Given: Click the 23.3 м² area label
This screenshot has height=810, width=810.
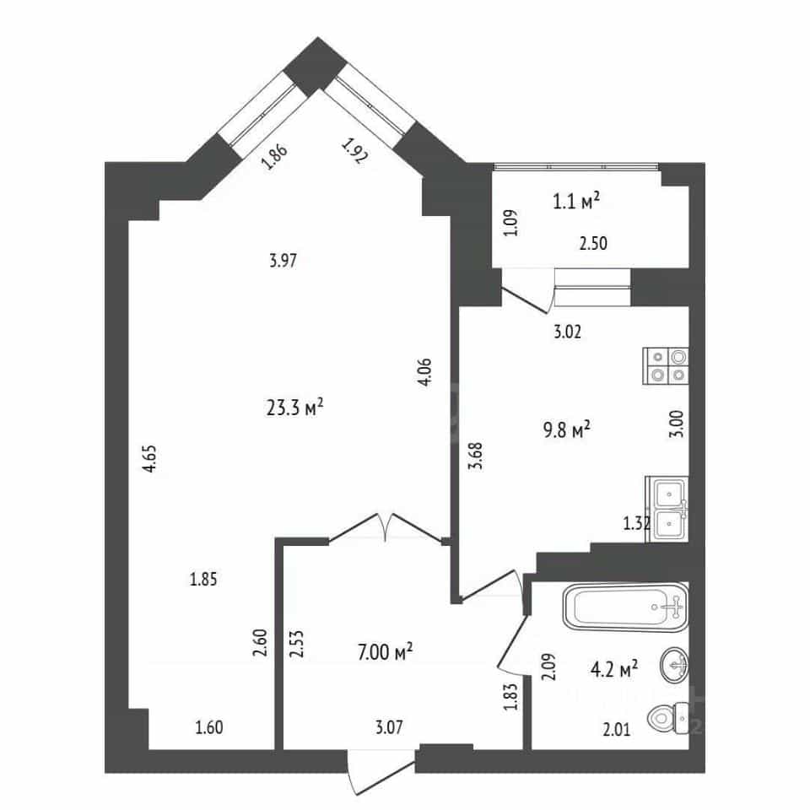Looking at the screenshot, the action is point(294,407).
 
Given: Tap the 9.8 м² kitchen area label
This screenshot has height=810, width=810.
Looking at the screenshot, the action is point(567,429).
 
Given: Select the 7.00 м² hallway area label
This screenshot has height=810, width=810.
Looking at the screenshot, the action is point(385,651).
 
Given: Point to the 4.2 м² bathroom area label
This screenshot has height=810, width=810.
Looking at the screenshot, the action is point(614,669).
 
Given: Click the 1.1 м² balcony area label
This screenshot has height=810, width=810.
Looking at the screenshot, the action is point(576,201).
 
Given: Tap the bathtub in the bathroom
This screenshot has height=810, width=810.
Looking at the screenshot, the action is point(625,607).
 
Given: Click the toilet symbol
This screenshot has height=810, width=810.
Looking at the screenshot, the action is point(667,716).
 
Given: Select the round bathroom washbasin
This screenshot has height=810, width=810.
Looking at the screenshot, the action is point(674,665).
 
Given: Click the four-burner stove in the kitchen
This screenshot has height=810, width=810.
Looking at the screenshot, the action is point(666,365).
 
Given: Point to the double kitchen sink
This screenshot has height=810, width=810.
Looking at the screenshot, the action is point(667,510).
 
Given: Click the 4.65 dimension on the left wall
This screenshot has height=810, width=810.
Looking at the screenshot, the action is point(150,459).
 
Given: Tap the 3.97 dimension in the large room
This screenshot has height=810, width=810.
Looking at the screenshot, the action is point(283,260).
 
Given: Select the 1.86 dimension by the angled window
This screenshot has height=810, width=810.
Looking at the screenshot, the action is point(274,157).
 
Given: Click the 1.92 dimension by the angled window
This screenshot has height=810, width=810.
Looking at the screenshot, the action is point(354,151).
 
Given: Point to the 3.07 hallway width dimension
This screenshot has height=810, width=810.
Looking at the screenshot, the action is point(388,727).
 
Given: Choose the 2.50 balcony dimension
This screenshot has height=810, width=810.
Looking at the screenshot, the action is point(593,243).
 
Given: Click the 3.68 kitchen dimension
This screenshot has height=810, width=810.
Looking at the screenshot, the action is point(475,456).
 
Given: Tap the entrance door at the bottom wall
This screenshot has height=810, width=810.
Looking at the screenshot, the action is point(381,772).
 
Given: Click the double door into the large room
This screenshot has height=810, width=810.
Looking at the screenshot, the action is point(386,526).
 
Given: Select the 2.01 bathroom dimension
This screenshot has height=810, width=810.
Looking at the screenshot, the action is point(617,729).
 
